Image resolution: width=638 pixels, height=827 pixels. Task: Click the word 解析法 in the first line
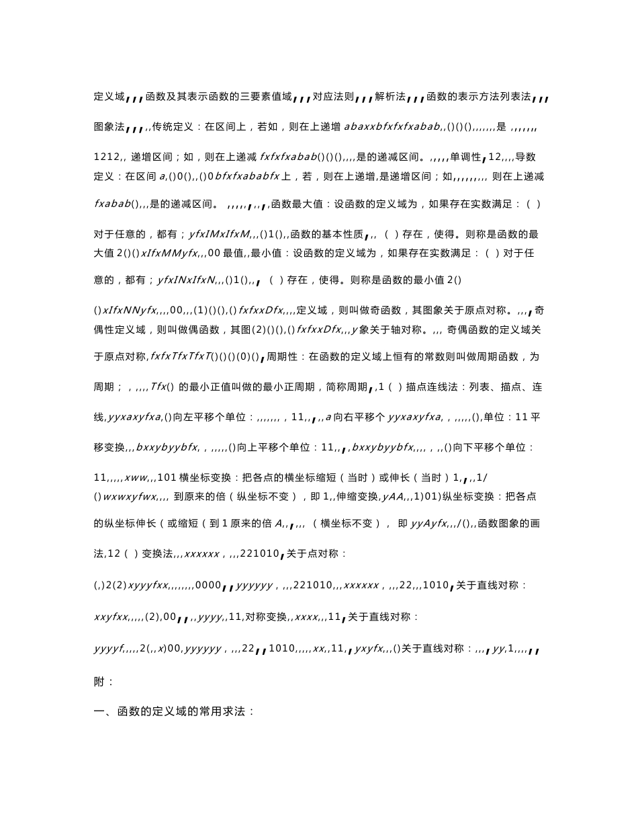coord(390,97)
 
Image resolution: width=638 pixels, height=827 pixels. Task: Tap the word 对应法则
coord(332,97)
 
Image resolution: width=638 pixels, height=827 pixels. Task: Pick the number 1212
coord(106,157)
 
